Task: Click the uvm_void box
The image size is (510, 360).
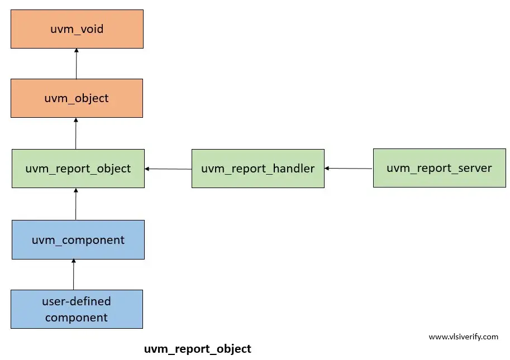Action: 77,29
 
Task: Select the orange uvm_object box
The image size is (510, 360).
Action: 77,98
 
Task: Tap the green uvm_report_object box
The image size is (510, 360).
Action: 78,169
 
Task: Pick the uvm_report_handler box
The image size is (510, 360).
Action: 258,169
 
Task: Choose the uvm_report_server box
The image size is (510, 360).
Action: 440,168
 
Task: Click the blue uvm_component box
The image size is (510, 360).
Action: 78,240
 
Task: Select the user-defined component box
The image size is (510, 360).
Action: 77,309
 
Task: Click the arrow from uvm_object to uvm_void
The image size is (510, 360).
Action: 77,64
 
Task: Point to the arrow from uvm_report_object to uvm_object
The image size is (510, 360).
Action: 76,133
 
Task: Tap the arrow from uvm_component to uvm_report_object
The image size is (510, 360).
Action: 76,204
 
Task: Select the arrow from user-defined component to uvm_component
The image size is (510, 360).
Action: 74,274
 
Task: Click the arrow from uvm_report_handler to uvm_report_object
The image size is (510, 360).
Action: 168,169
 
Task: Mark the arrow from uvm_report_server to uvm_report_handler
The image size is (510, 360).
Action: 349,169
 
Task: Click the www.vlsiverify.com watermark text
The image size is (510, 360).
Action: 464,337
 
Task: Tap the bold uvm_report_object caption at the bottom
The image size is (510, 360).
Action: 198,349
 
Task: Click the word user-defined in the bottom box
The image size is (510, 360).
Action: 77,301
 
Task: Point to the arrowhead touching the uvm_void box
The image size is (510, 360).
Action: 77,50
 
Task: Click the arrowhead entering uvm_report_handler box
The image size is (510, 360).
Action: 327,169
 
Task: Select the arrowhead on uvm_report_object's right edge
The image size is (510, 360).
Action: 147,169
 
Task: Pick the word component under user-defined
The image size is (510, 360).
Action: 77,318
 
